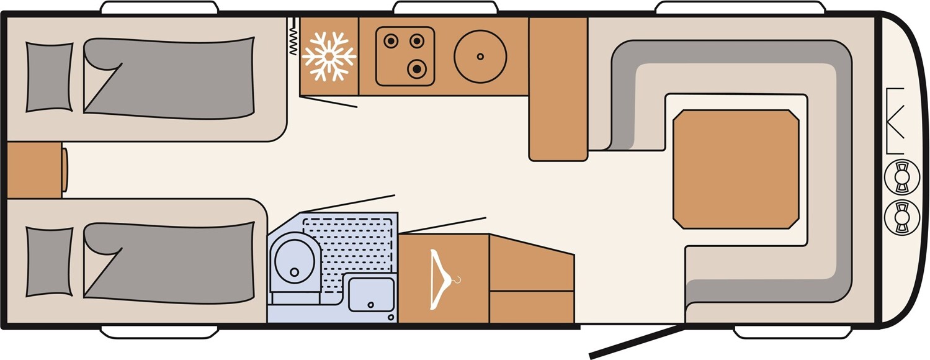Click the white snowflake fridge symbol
[329, 56]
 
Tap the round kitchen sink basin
[480, 56]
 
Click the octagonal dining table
[736, 169]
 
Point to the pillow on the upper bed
[49, 78]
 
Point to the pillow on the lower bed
[49, 261]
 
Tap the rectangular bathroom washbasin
[371, 294]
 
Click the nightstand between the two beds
[34, 170]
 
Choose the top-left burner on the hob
[391, 42]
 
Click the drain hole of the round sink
[480, 56]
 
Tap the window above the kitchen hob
[445, 7]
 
